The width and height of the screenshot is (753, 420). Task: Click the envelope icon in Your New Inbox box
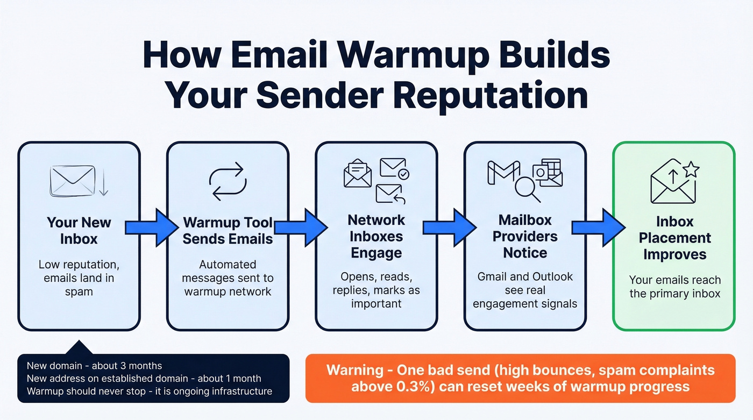coord(72,180)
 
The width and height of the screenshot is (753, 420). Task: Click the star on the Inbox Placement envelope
coord(691,170)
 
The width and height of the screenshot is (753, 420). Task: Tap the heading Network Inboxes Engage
coord(376,237)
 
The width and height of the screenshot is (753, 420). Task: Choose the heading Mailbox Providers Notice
coord(524,237)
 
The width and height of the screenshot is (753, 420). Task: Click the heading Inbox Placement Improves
coord(675,238)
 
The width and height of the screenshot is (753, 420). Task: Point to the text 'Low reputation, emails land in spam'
coord(79,278)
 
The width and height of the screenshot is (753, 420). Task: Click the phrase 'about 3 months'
coord(126,366)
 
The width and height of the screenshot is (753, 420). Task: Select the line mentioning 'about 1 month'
coord(144,379)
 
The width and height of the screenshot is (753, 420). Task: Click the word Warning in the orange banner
coord(353,371)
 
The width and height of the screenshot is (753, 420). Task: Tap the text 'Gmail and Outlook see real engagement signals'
coord(524,290)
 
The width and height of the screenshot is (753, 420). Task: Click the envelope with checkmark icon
coord(394,168)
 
